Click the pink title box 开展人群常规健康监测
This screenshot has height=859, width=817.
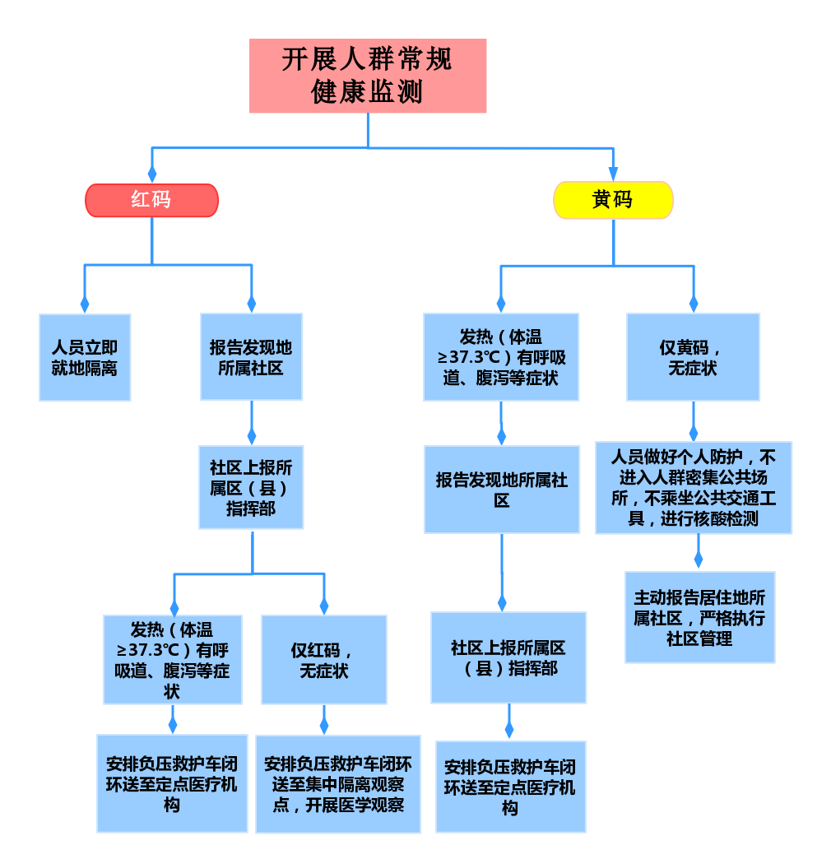[x=368, y=76]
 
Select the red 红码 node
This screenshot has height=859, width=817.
[x=151, y=200]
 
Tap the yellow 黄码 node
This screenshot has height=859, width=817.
[x=613, y=200]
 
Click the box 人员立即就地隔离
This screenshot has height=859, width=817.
[x=85, y=358]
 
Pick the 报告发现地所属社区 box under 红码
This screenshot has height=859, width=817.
[x=251, y=357]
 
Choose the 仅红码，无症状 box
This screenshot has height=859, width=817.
[x=323, y=660]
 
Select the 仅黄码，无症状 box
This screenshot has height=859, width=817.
[x=693, y=357]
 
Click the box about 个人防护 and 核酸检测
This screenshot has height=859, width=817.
[x=694, y=488]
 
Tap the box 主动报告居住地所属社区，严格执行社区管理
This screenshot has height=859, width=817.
[x=699, y=617]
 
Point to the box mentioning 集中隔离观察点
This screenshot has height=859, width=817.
[x=338, y=784]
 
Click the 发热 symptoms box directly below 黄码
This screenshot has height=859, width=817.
[x=501, y=357]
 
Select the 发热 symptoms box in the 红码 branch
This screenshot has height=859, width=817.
[x=172, y=660]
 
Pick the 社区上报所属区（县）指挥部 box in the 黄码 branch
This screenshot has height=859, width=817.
[x=508, y=657]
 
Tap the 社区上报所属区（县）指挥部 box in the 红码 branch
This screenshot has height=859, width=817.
[x=251, y=488]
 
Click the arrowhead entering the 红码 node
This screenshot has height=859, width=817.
[x=151, y=174]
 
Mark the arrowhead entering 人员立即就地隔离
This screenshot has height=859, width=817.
[x=85, y=304]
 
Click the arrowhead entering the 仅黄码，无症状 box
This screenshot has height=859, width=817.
[x=693, y=304]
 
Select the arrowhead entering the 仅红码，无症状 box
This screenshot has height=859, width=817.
[x=323, y=606]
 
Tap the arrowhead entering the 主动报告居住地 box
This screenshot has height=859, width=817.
[x=699, y=560]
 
